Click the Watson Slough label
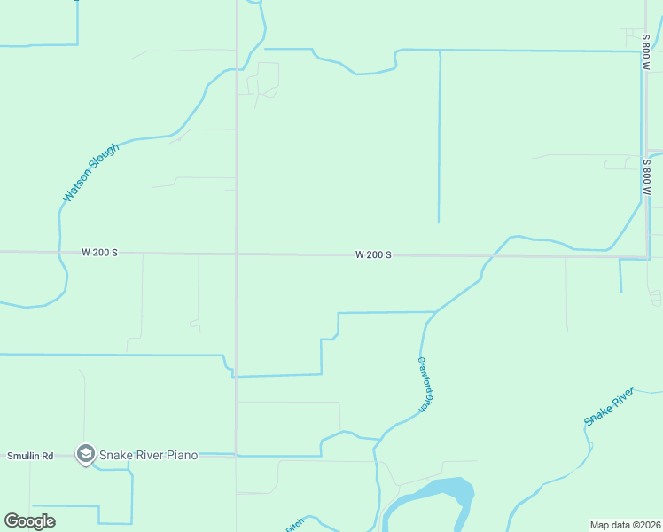pyautogui.click(x=90, y=171)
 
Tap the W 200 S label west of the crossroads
pyautogui.click(x=99, y=253)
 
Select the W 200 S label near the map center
pyautogui.click(x=373, y=255)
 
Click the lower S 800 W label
pyautogui.click(x=647, y=177)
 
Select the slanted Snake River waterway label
pyautogui.click(x=609, y=406)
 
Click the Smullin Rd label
pyautogui.click(x=30, y=456)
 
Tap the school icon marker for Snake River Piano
pyautogui.click(x=85, y=455)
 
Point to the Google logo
pyautogui.click(x=29, y=521)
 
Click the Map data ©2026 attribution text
pyautogui.click(x=625, y=525)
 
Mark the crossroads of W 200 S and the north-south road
pyautogui.click(x=236, y=254)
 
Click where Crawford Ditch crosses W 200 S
pyautogui.click(x=487, y=256)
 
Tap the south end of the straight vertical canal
pyautogui.click(x=439, y=222)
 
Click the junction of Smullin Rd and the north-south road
pyautogui.click(x=236, y=456)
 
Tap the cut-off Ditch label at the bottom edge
pyautogui.click(x=294, y=525)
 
